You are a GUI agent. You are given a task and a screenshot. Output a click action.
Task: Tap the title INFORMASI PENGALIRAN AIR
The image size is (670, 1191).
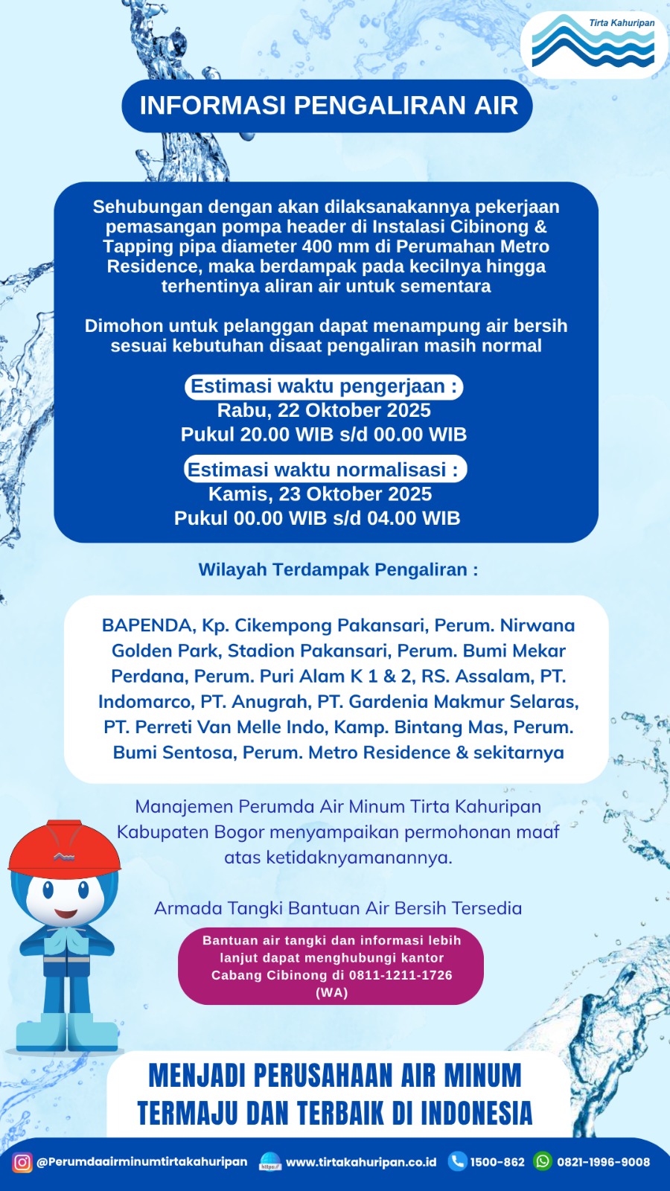tap(328, 106)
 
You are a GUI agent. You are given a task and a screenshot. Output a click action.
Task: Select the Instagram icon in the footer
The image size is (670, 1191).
tap(22, 1162)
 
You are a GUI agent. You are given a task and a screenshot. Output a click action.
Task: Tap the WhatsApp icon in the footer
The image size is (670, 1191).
tap(543, 1161)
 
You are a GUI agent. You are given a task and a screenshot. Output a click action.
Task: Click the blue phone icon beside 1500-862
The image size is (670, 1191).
tap(457, 1161)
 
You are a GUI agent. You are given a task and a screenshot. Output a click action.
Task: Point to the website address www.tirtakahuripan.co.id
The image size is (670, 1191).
tap(361, 1162)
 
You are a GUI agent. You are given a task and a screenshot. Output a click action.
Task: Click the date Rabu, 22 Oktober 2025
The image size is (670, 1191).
tap(324, 410)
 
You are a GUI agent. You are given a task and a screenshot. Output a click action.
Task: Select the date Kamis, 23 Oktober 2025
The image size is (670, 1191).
tap(320, 494)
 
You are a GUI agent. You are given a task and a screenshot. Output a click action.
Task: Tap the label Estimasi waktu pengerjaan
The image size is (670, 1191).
tap(324, 386)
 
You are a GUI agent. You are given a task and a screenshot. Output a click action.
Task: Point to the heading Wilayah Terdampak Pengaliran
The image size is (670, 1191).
tap(338, 569)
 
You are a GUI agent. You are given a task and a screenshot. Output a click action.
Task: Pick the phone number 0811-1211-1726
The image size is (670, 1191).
tap(401, 975)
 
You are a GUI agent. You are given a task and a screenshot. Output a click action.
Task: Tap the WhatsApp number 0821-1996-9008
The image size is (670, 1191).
tap(603, 1162)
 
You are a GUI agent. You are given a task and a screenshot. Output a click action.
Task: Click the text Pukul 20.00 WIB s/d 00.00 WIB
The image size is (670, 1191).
tap(324, 435)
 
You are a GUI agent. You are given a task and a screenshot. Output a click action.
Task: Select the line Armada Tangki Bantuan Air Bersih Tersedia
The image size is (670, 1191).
tap(338, 908)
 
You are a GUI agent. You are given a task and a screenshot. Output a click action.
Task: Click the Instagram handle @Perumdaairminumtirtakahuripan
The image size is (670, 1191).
tap(141, 1162)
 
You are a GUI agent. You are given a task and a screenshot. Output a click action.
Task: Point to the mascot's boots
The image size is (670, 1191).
tap(67, 1031)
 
